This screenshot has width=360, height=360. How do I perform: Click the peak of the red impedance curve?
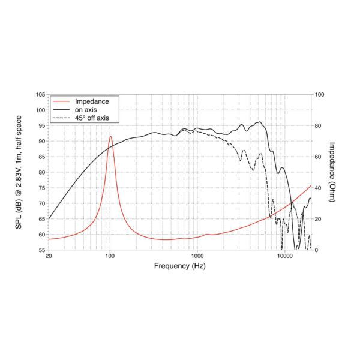point(110,137)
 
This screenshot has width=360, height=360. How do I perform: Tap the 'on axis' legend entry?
point(86,110)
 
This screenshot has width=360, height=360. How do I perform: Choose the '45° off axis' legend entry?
point(92,118)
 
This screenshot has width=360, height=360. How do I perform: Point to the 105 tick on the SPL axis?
point(40,95)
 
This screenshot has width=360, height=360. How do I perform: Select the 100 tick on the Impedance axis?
point(320,95)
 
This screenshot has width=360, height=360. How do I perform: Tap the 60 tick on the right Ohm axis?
point(319,157)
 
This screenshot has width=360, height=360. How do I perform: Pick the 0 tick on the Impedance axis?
point(317,250)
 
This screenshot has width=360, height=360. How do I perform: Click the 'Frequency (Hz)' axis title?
point(180,266)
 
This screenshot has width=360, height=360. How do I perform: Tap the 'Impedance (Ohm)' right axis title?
point(332,172)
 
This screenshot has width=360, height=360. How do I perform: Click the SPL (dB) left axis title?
point(27,172)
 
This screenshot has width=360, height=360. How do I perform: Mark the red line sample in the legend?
point(61,101)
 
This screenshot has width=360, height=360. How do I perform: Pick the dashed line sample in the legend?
point(61,118)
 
